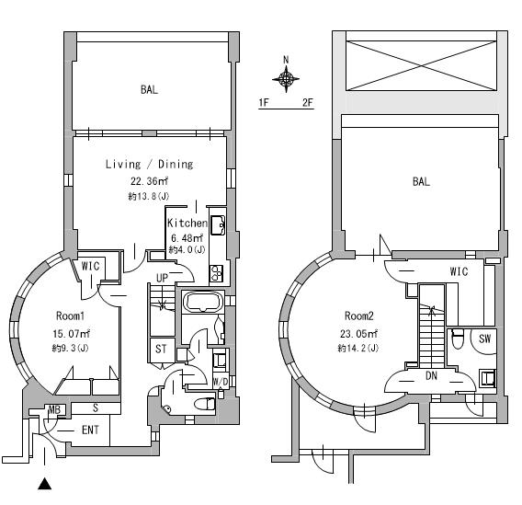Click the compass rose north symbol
(286, 78)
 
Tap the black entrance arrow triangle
(44, 484)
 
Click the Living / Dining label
(149, 165)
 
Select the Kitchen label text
(187, 223)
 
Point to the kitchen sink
(218, 224)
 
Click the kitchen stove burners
(216, 273)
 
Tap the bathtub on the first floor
(203, 302)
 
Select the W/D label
(220, 382)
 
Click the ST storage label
(161, 350)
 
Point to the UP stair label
(162, 278)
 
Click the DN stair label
(431, 376)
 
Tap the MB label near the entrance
(54, 409)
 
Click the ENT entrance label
(90, 430)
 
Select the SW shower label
(484, 339)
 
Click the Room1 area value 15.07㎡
(72, 333)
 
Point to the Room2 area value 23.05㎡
(358, 333)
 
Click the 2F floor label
(308, 102)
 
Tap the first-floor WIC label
(90, 266)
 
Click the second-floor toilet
(458, 339)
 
